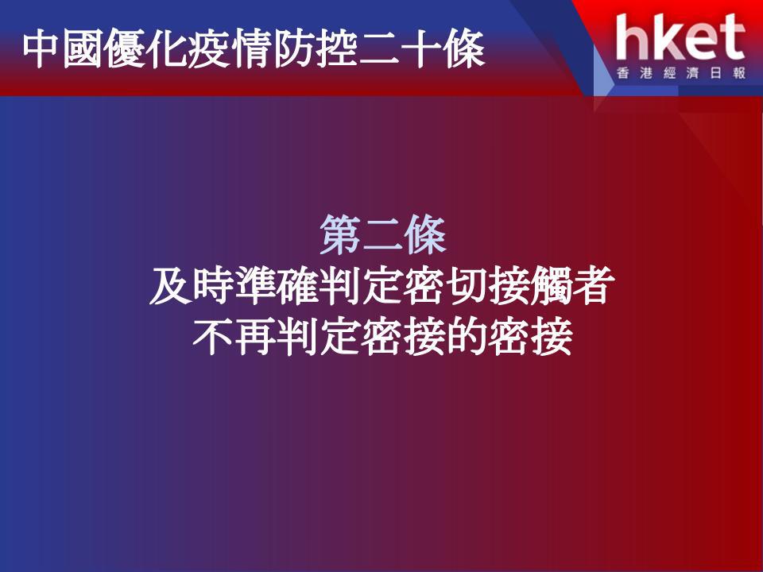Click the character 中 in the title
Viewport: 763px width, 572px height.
coord(42,49)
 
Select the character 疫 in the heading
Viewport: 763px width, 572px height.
coord(209,49)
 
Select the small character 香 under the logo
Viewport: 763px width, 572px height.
coord(623,73)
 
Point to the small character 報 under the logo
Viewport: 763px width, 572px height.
coord(738,73)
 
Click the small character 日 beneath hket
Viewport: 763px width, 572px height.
coord(715,73)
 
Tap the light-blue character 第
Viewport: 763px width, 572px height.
coord(341,234)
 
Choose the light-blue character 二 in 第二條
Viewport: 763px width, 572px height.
coord(382,235)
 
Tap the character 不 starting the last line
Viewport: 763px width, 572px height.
coord(213,337)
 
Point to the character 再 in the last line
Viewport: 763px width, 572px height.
coord(255,337)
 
